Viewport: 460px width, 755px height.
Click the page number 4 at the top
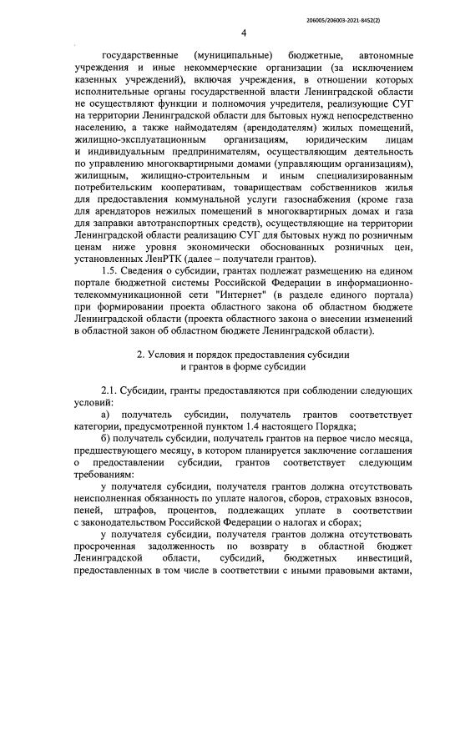[x=243, y=33]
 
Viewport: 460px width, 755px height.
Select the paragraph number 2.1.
[x=109, y=390]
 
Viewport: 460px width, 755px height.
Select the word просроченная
[x=109, y=556]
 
